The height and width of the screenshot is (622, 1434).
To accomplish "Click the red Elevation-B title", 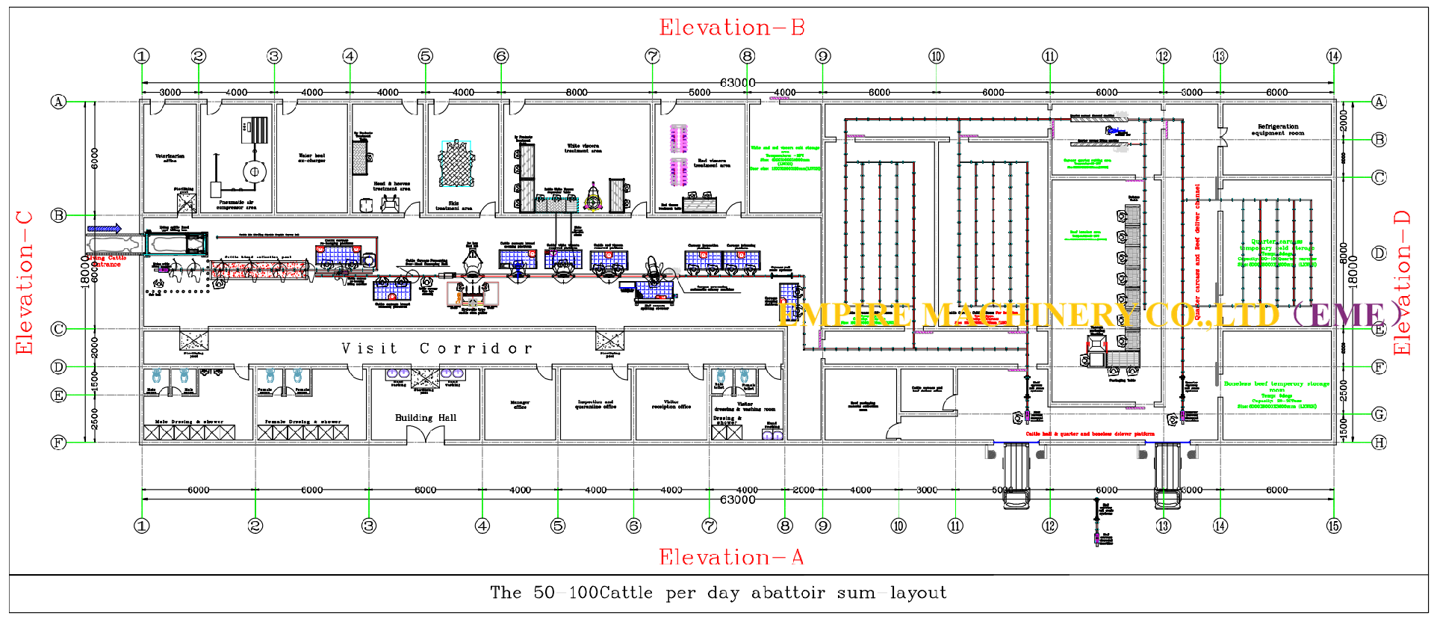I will pos(731,28).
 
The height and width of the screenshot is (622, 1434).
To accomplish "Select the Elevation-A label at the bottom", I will pos(731,557).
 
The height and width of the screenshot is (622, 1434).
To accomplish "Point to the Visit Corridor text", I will pos(437,348).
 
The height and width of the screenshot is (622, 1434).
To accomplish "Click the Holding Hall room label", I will pos(426,417).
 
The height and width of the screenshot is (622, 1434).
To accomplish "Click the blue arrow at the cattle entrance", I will pos(105,229).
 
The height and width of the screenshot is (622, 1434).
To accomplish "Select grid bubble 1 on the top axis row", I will pos(142,56).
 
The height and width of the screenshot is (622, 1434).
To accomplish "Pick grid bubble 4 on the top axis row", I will pos(350,56).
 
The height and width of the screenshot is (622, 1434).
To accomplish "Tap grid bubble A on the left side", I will pos(58,102).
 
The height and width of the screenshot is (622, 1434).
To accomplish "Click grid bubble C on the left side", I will pos(58,329).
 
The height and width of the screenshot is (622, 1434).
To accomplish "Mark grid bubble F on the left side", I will pos(58,443).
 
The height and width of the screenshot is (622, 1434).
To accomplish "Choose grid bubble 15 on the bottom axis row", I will pos(1334,526).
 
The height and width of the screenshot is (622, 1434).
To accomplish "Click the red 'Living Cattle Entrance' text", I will pos(105,261).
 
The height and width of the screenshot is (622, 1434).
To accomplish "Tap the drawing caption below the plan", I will pos(718,593).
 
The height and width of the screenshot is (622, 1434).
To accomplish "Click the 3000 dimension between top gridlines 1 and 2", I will pos(170,92).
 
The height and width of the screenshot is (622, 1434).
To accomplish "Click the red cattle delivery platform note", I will pos(1090,434).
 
